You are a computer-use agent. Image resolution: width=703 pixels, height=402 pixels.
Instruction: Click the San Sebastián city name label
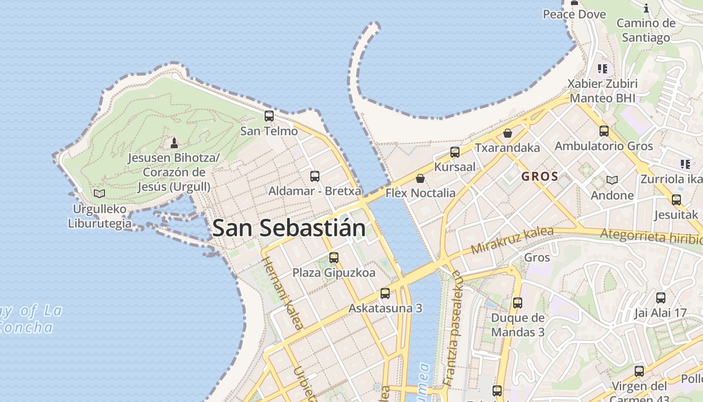tap(289, 228)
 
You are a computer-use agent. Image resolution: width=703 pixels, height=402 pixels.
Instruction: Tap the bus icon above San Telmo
tap(269, 116)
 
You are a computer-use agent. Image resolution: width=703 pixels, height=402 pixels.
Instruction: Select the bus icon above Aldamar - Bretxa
tap(315, 176)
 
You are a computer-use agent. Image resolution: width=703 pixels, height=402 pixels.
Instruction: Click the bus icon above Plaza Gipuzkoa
tap(334, 258)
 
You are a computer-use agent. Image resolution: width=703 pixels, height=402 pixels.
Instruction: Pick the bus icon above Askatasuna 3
tap(385, 293)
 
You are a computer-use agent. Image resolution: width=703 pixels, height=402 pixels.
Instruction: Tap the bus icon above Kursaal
tap(455, 152)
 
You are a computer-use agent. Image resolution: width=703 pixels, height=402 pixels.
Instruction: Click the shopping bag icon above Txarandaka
tap(508, 133)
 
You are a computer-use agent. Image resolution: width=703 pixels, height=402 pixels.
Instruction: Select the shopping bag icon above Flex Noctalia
tap(420, 178)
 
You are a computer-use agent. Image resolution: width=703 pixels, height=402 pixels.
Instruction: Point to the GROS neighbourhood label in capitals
tap(540, 176)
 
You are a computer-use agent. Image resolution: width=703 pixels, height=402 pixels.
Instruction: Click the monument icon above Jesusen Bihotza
tap(174, 143)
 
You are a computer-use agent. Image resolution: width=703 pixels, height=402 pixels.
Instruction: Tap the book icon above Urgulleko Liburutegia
tap(99, 193)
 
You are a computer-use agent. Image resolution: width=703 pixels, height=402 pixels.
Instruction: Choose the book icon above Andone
tap(612, 180)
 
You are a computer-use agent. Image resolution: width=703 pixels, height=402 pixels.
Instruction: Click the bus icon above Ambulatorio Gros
tap(604, 131)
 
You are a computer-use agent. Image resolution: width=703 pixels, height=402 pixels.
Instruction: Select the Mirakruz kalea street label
tap(512, 241)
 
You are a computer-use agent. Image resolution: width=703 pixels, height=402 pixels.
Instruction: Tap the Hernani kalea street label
tap(282, 293)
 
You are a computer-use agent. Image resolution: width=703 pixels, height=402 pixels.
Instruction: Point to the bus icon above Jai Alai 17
tap(660, 298)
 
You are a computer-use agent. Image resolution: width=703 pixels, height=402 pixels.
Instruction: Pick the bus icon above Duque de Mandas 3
tap(518, 303)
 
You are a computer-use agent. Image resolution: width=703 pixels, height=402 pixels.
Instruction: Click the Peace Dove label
tap(574, 14)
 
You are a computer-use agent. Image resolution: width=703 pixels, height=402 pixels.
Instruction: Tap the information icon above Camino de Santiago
tap(646, 8)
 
